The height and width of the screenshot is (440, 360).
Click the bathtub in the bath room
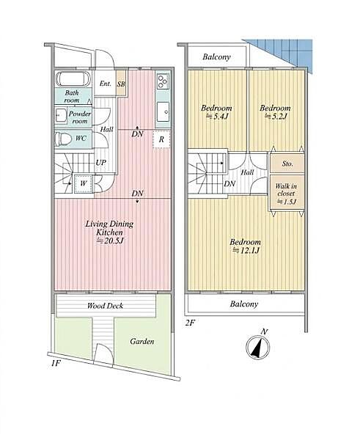(x=73, y=79)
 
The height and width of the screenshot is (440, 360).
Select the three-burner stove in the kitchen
(x=163, y=81)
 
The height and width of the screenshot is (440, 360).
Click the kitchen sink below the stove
(x=163, y=111)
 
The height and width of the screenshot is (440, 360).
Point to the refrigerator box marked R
(x=161, y=139)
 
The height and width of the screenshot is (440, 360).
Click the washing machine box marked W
(x=84, y=184)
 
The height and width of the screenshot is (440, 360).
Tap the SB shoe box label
(x=121, y=84)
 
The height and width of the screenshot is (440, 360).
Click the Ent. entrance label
(x=106, y=84)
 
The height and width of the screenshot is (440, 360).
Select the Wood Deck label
(x=106, y=306)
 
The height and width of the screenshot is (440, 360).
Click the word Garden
(x=142, y=342)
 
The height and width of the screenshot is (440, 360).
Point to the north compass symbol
(x=258, y=346)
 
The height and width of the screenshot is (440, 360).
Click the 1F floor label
(x=56, y=364)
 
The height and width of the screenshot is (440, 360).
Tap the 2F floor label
(x=190, y=323)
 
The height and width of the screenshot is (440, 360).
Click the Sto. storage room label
(x=287, y=164)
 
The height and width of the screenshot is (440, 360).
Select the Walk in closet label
(x=286, y=190)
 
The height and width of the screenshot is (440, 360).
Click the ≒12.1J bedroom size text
(x=245, y=250)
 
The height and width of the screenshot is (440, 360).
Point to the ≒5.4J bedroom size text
(x=216, y=116)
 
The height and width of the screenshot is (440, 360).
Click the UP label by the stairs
(x=100, y=163)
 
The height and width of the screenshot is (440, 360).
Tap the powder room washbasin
(x=61, y=115)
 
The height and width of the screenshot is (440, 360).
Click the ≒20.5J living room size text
(x=110, y=241)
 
